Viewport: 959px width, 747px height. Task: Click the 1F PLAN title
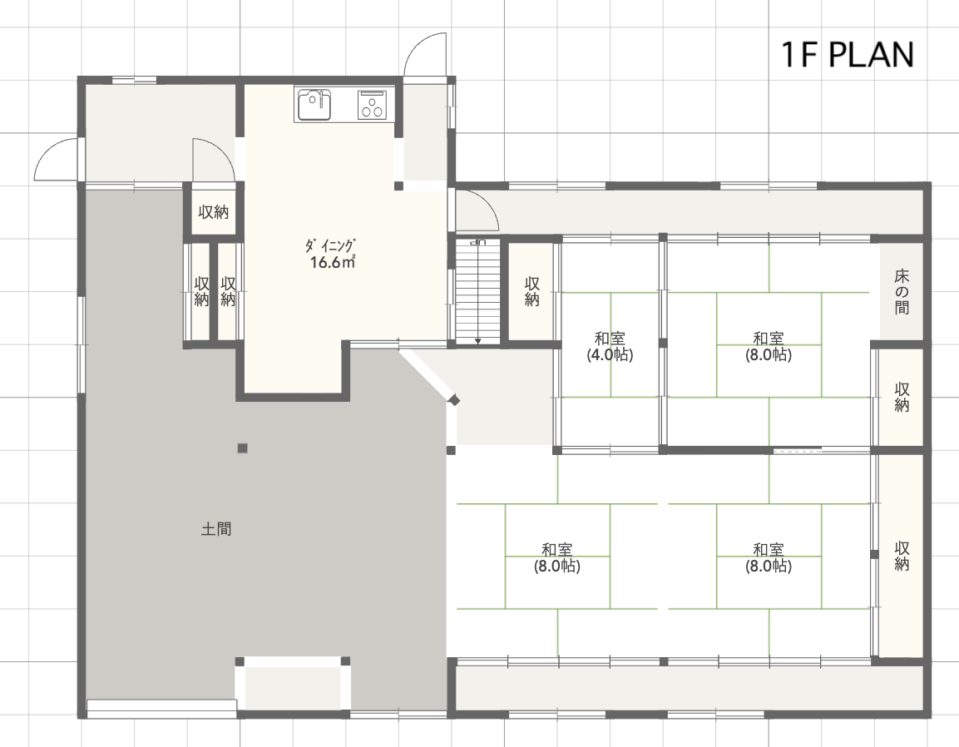coord(848,54)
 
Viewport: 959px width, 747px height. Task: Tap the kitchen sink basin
coord(314,105)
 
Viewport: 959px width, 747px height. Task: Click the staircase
coord(477,291)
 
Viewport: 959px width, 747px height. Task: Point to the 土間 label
coord(216,528)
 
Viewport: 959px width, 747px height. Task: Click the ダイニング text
coord(330,246)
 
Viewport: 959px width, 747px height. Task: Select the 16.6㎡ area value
coord(333,263)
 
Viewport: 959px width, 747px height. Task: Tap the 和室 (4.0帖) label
coord(610,346)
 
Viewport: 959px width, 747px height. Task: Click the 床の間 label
coord(902,291)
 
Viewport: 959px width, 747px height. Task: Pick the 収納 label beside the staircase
coord(532,291)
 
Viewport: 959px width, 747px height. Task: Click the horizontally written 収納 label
coord(214,211)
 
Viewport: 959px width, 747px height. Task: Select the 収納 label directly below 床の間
coord(902,397)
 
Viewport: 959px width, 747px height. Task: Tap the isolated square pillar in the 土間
coord(243,448)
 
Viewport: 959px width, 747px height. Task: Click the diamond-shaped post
coord(454,401)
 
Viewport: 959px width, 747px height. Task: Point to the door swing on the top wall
coord(424,55)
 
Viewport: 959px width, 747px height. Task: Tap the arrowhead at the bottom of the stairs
coord(477,341)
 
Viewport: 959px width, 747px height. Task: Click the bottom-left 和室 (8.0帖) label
coord(556,558)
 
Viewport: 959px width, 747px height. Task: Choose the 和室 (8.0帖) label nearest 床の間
coord(769,346)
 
